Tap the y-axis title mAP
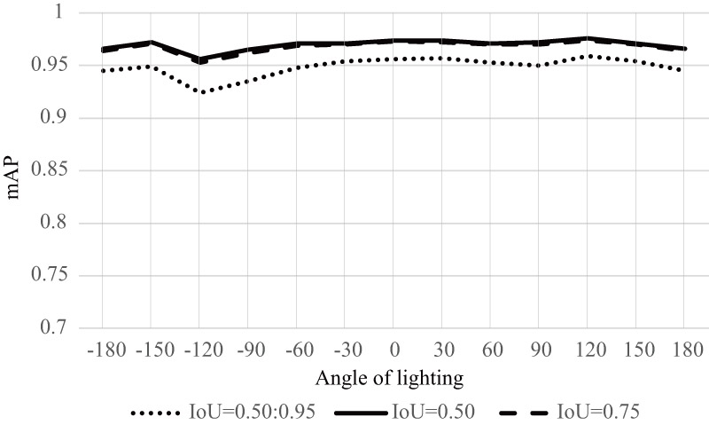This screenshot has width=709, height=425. click(17, 170)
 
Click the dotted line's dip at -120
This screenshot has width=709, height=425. click(199, 92)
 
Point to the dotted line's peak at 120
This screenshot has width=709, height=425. click(587, 56)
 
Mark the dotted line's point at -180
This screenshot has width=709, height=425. click(103, 71)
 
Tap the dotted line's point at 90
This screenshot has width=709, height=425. click(538, 66)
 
